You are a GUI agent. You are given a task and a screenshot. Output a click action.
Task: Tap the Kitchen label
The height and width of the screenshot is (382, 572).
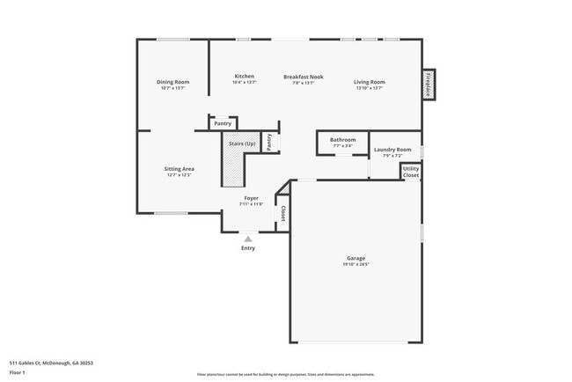pos(244,77)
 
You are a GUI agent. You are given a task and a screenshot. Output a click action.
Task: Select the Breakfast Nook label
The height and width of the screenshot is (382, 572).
pos(303,77)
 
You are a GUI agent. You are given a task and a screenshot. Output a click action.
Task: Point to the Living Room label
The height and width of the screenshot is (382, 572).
pos(370,83)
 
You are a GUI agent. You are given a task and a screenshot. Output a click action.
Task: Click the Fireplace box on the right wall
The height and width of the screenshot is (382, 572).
pos(429,84)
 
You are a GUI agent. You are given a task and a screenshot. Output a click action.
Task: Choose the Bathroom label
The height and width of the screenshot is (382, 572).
pos(342,140)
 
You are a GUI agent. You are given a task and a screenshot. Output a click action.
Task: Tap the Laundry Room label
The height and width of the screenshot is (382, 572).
pos(392,150)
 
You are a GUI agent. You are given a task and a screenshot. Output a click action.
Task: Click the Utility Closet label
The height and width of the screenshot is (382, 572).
pos(411,172)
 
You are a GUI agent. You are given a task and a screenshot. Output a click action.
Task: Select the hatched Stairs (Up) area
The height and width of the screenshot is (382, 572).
pos(231,166)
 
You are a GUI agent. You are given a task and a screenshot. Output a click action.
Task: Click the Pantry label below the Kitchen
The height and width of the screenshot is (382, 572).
pos(223,124)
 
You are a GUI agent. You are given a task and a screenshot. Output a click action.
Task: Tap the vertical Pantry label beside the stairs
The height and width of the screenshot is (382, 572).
pos(269,141)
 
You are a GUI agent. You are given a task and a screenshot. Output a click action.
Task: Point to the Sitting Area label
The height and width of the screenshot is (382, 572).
pos(179,168)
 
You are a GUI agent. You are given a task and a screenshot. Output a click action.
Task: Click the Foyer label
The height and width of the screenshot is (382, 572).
pos(251,199)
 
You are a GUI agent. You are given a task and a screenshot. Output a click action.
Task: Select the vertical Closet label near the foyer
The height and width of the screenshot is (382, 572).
pos(282,213)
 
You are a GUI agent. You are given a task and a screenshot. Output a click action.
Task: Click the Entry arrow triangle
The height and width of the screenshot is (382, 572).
pos(248,238)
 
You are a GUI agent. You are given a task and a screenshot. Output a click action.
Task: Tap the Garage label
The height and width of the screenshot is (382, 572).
pos(356,258)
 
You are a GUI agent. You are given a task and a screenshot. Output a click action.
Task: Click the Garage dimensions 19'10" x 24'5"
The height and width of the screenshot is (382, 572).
pos(356,264)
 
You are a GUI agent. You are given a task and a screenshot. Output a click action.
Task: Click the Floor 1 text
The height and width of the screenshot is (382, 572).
pos(18,372)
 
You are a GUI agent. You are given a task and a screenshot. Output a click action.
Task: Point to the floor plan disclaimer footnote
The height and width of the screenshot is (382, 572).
pos(285,374)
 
